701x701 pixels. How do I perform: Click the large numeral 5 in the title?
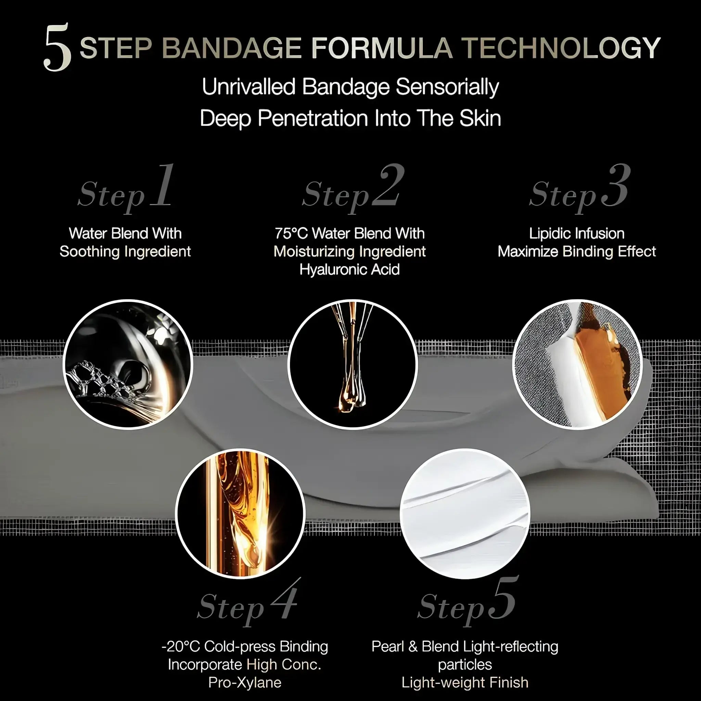click(57, 47)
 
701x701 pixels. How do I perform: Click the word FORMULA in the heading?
click(382, 48)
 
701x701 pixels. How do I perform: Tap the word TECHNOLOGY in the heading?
click(562, 48)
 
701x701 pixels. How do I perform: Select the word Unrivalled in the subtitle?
click(248, 87)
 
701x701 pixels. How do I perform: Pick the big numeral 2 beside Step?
click(388, 186)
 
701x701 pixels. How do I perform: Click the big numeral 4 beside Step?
click(285, 598)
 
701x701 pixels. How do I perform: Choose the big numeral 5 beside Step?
click(502, 598)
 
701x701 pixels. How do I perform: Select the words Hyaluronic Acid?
click(349, 270)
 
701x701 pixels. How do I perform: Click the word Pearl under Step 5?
click(387, 647)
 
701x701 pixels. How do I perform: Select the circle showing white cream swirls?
click(465, 514)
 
